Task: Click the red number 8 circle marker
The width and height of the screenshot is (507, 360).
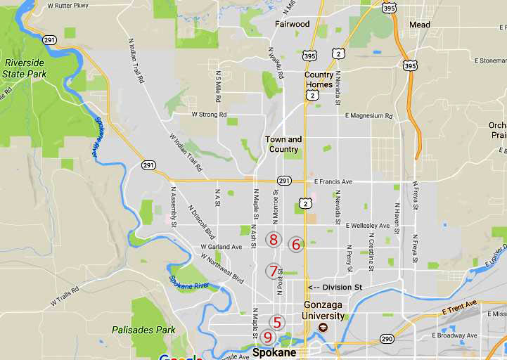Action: tap(274, 240)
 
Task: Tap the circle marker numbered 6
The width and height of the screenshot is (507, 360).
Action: tap(296, 245)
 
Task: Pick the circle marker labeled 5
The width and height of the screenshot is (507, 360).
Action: tap(277, 323)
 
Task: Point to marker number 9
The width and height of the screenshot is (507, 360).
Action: tap(267, 337)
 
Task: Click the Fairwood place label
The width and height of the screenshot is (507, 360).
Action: tap(292, 24)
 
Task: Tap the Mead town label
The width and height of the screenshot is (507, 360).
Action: tap(420, 25)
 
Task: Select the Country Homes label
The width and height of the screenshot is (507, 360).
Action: tap(319, 80)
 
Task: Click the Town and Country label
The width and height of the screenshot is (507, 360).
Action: tap(283, 144)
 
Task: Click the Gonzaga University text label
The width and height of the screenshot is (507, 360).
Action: tap(324, 311)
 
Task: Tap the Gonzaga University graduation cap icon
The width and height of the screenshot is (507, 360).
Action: tap(323, 328)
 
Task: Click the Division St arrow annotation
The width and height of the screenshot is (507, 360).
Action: tap(335, 287)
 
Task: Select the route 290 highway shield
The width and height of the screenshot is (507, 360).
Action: tap(387, 339)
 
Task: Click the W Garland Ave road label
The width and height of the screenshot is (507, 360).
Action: tap(221, 247)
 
